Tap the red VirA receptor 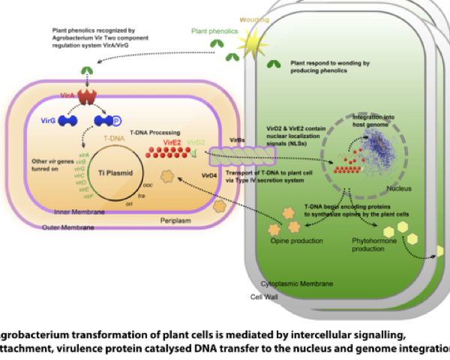click(88, 97)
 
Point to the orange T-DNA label click(91, 139)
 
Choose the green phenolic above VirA click(87, 71)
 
